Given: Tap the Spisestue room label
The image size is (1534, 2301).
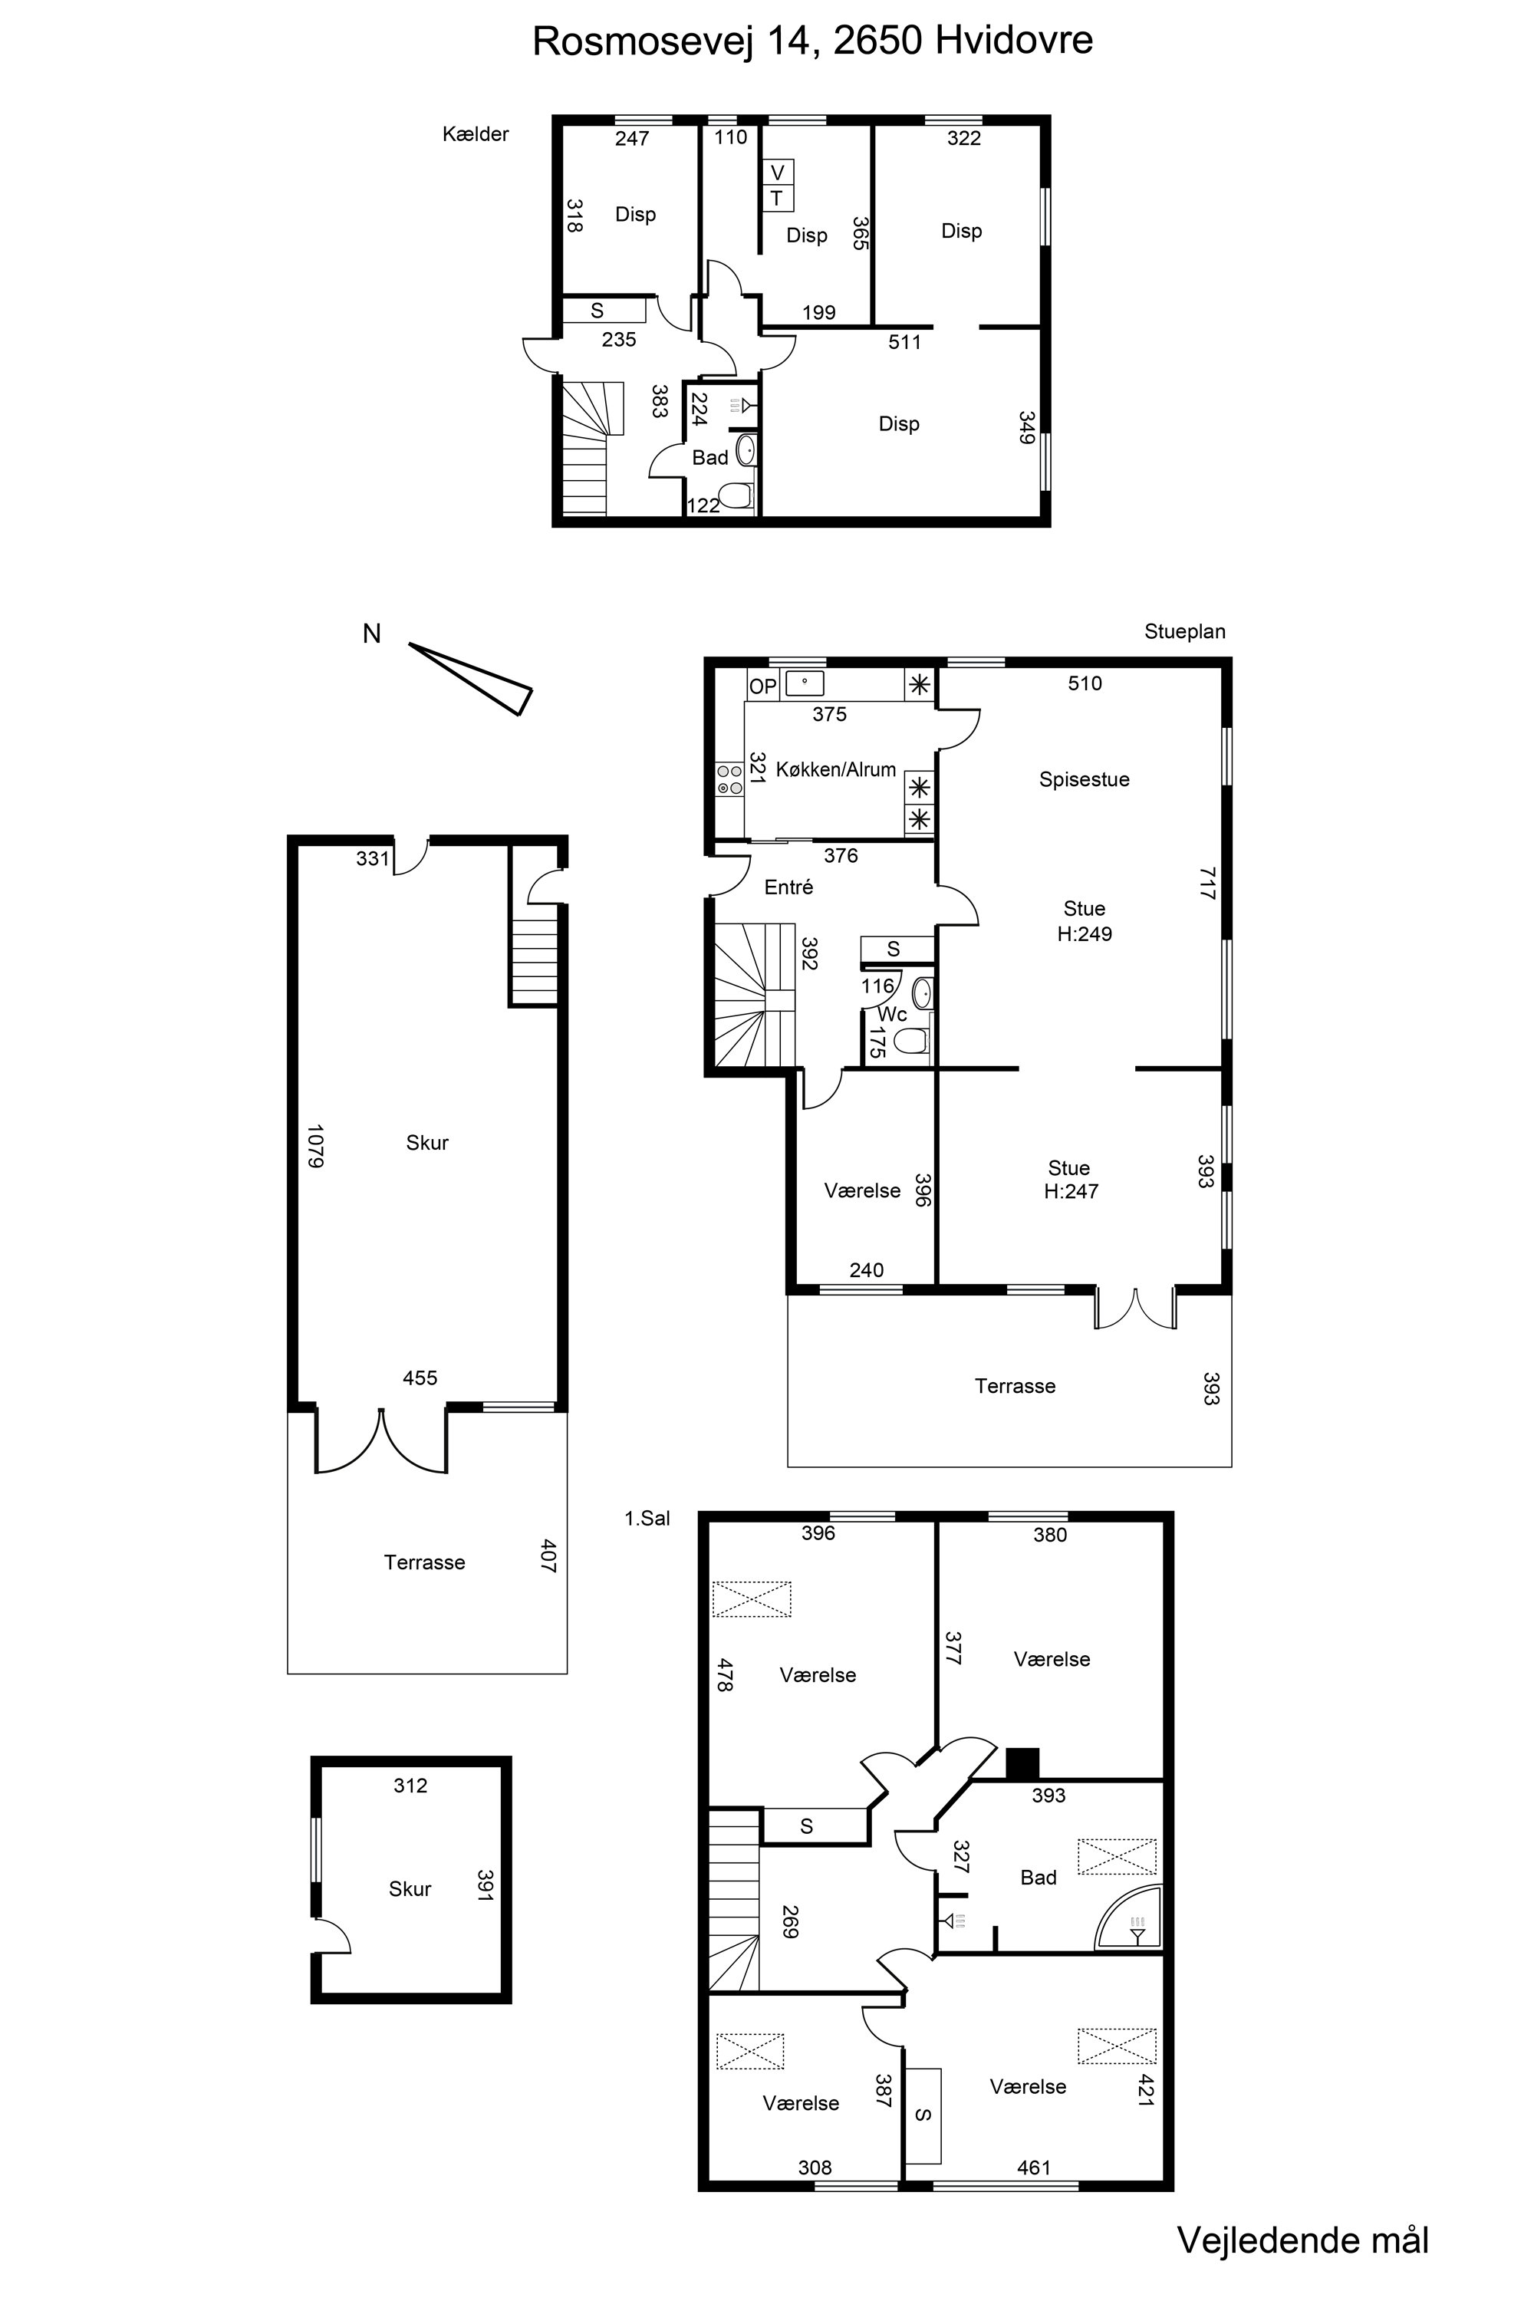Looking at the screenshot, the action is pyautogui.click(x=1084, y=780).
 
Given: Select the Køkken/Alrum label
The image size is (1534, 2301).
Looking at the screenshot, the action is pyautogui.click(x=835, y=770).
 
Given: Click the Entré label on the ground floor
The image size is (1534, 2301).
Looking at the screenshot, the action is pyautogui.click(x=788, y=887).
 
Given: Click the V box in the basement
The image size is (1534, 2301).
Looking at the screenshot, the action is pyautogui.click(x=778, y=172).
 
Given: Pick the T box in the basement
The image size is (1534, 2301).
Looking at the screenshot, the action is pyautogui.click(x=778, y=199).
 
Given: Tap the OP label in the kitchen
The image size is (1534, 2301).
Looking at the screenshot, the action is pyautogui.click(x=762, y=686).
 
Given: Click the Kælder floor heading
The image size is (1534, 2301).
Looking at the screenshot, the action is pyautogui.click(x=476, y=134).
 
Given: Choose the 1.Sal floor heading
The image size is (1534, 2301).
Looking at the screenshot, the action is pyautogui.click(x=647, y=1519).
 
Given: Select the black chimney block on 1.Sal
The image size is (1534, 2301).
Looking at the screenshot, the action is pyautogui.click(x=1022, y=1763).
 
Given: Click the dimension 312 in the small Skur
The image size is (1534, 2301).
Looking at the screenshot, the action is pyautogui.click(x=411, y=1786).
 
